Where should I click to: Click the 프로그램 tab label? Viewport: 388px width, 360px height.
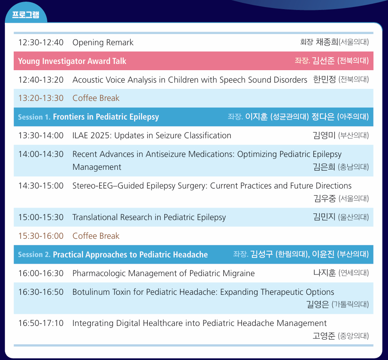[26, 15]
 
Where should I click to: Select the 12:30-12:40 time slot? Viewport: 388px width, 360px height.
[41, 42]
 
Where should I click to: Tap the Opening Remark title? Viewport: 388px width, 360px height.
[103, 43]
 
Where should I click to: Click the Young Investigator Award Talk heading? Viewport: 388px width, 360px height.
[72, 61]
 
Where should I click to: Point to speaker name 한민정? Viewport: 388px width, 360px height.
[325, 79]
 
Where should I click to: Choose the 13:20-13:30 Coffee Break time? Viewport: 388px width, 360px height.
[41, 98]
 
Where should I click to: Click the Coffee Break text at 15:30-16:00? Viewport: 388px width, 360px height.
[96, 236]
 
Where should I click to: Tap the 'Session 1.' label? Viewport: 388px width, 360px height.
[34, 117]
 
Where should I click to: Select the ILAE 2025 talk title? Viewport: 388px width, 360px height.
[152, 135]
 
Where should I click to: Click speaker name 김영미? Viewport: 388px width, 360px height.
[324, 135]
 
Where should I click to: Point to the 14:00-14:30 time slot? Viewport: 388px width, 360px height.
[41, 154]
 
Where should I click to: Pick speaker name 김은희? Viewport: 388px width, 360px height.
[324, 167]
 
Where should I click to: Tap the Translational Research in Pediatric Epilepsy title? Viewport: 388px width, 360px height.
[149, 218]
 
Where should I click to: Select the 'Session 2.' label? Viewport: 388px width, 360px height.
[34, 255]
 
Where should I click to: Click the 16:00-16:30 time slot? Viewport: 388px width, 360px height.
[41, 273]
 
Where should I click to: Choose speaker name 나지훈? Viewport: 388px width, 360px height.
[325, 273]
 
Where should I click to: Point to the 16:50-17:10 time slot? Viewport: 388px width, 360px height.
[41, 323]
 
